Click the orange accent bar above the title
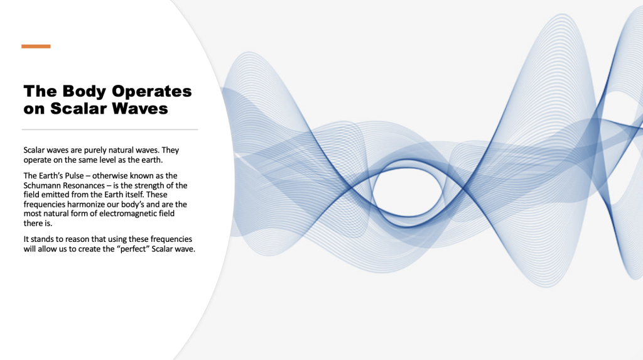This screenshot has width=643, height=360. point(36,46)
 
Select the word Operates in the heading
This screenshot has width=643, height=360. point(152,92)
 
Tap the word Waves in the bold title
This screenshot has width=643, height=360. point(140,108)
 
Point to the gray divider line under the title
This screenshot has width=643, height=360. point(110,129)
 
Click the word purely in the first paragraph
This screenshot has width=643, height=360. point(95,151)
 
